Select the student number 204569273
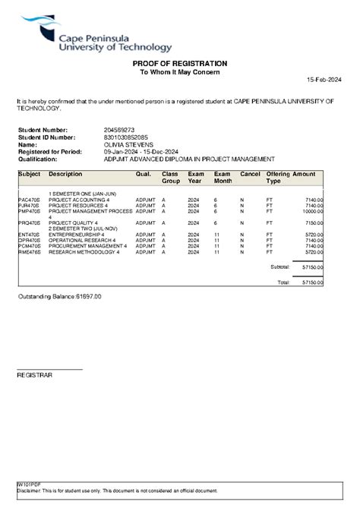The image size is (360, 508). (118, 130)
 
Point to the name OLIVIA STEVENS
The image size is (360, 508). (128, 144)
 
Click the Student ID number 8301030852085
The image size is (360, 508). (125, 137)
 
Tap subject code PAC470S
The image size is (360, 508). (28, 200)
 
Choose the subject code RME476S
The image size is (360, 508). (28, 251)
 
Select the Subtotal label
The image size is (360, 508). (280, 267)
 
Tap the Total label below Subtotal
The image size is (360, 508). (284, 282)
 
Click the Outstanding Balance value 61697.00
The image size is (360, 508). (87, 296)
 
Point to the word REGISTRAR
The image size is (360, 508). (34, 375)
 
